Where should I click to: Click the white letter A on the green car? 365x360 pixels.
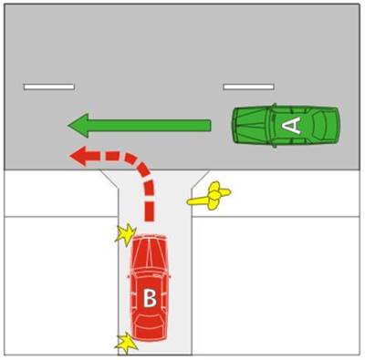291,126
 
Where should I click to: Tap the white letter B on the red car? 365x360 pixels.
150,298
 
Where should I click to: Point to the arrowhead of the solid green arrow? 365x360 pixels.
78,125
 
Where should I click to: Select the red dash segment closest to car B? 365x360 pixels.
149,211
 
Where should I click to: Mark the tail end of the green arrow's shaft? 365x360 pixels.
210,126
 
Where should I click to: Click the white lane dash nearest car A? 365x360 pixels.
248,87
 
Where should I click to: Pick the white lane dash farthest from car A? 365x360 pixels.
49,87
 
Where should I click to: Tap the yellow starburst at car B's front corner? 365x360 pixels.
126,234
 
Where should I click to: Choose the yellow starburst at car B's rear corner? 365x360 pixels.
126,344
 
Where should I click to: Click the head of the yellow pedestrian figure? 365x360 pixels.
214,195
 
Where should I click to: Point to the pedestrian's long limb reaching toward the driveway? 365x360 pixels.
198,201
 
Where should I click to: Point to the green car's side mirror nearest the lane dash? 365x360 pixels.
274,106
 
